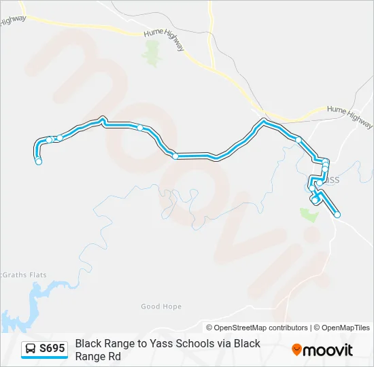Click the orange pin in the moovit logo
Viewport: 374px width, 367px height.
point(296,350)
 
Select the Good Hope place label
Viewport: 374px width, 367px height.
point(161,307)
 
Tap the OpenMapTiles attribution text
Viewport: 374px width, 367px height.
point(346,328)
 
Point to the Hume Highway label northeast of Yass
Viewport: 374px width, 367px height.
point(350,116)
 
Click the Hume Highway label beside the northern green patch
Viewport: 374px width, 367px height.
point(163,40)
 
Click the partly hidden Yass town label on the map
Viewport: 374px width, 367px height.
point(331,180)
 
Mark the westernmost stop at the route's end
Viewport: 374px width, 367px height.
point(39,162)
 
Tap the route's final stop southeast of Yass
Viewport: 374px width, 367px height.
point(337,215)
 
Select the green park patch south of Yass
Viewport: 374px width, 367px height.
point(309,214)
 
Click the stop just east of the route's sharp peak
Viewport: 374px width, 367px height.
point(140,127)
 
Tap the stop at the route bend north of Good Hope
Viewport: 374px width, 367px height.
point(175,156)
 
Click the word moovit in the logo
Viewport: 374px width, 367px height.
point(328,350)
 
